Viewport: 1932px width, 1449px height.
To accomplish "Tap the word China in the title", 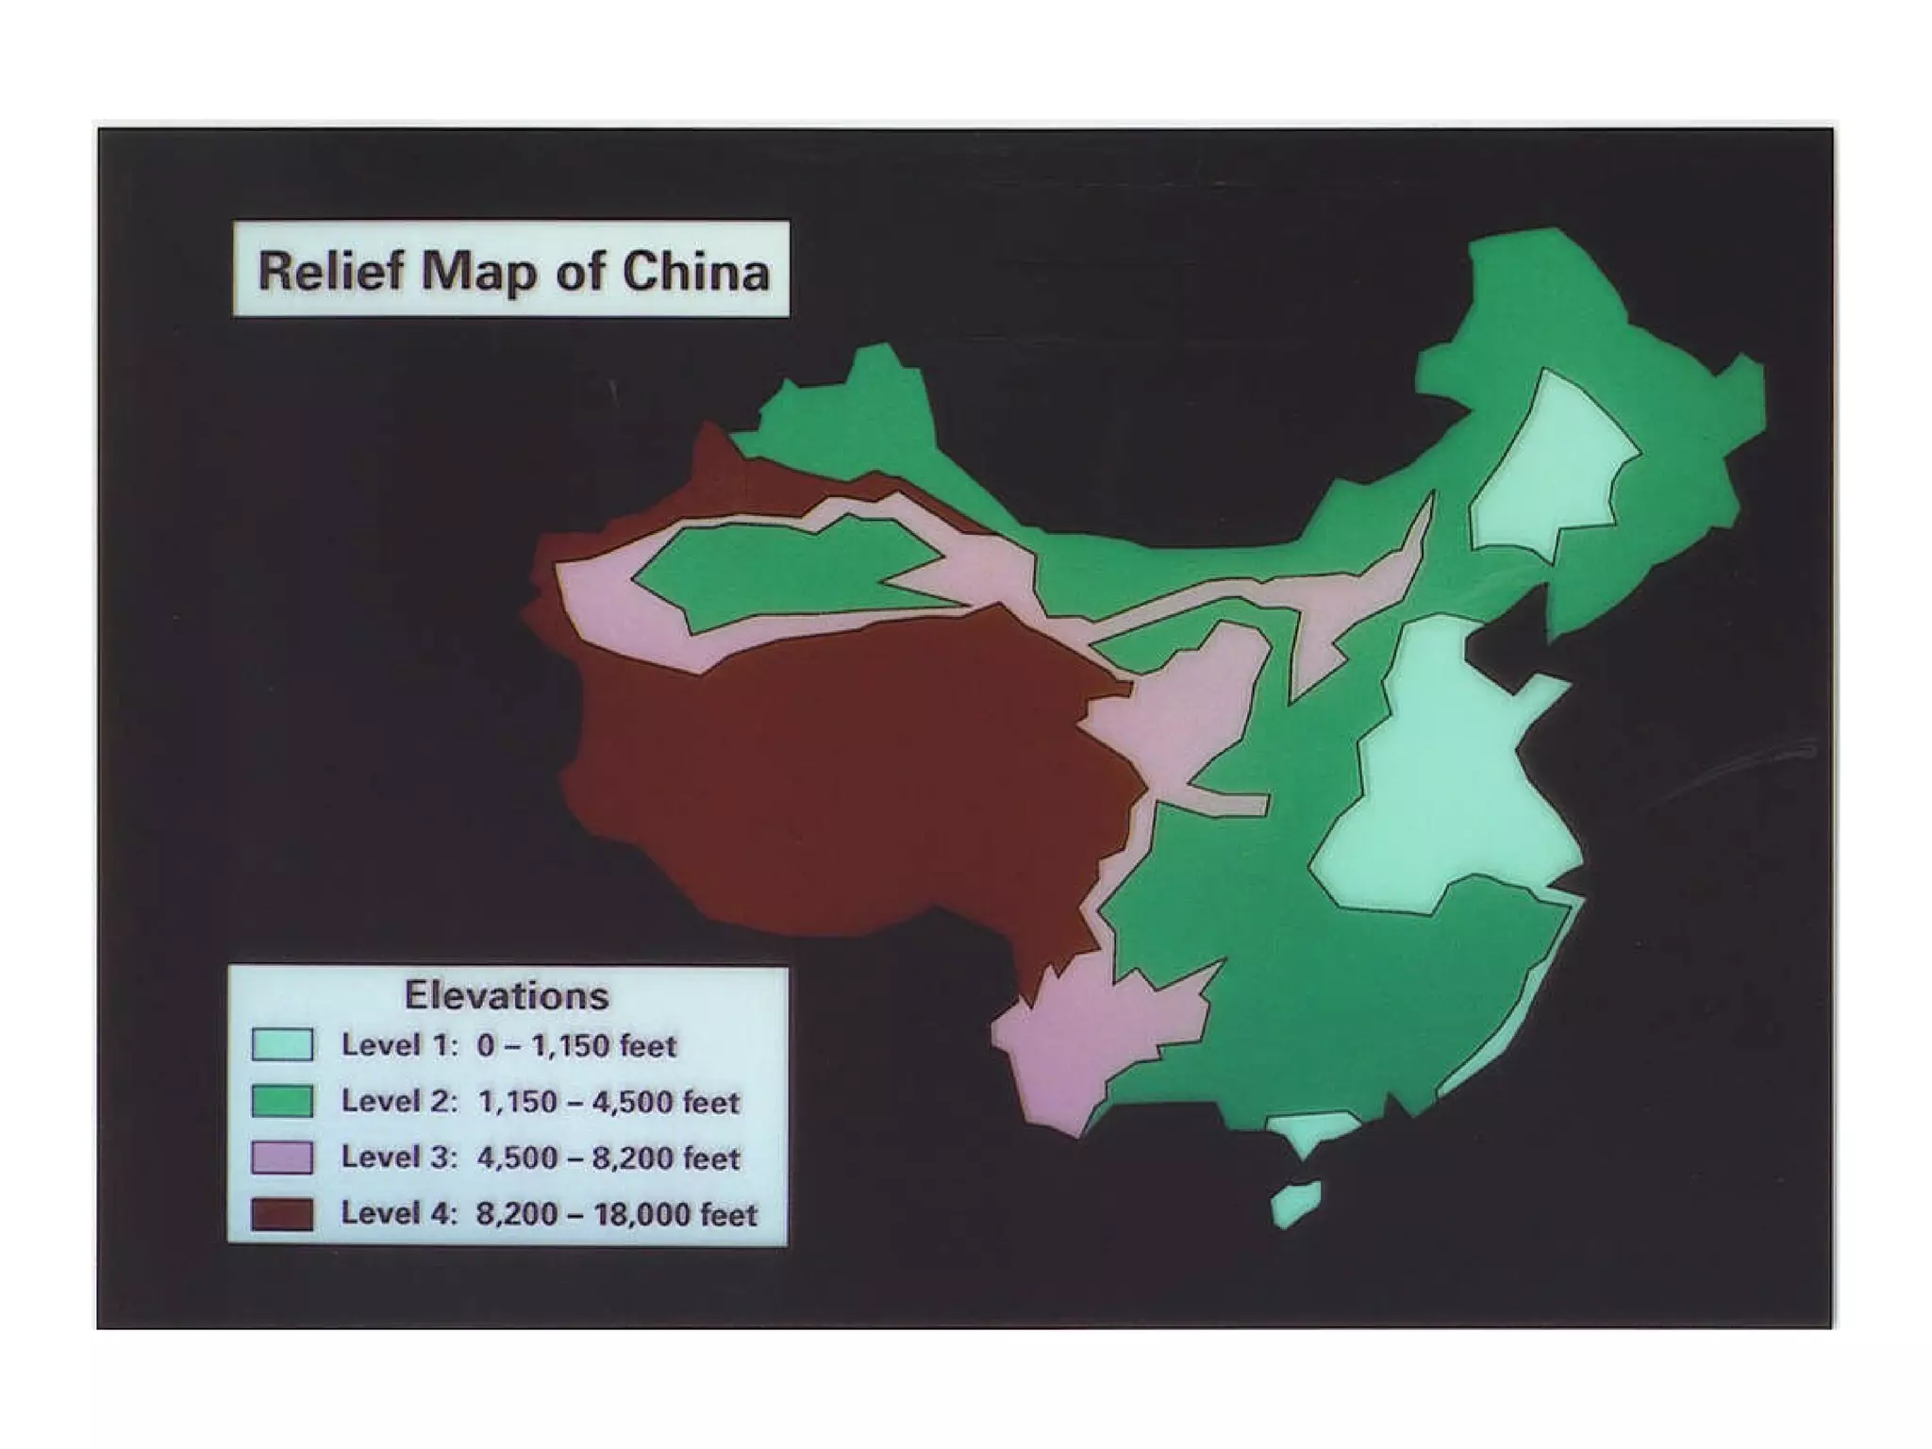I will point(696,272).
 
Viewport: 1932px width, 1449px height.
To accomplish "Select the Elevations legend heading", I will point(507,995).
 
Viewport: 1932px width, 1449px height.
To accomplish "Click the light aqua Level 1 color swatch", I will point(282,1045).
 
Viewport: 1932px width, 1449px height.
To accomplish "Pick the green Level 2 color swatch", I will point(282,1101).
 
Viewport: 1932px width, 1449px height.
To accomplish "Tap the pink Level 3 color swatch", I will point(282,1158).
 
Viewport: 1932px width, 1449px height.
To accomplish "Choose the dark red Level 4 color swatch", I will point(282,1213).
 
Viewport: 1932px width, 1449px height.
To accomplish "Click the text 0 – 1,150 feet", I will point(576,1046).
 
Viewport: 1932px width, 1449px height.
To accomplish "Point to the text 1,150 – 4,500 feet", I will point(608,1102).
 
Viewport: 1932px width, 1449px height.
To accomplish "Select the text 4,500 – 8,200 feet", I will point(608,1158).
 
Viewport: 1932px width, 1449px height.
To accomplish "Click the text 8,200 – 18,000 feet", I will point(616,1214).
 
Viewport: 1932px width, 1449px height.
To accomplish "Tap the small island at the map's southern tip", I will point(1297,1204).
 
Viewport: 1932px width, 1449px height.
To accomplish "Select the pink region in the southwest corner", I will point(1085,1047).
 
